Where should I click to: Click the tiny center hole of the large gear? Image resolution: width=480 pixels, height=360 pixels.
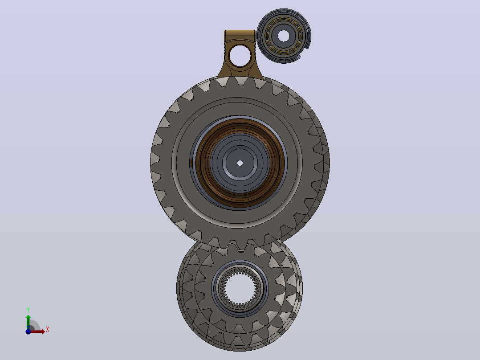pos(240,163)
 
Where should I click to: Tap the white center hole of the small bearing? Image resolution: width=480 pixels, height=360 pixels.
pos(284,36)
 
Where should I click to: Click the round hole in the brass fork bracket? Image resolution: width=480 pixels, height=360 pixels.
pos(240,56)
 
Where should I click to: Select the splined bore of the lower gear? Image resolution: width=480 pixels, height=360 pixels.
pos(240,288)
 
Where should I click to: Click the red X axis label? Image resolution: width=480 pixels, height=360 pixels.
pos(48,330)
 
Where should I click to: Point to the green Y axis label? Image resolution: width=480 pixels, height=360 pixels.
pos(28,310)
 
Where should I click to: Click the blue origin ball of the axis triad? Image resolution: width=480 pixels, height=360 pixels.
pos(28,331)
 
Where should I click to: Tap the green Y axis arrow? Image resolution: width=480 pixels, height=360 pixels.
pos(28,322)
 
